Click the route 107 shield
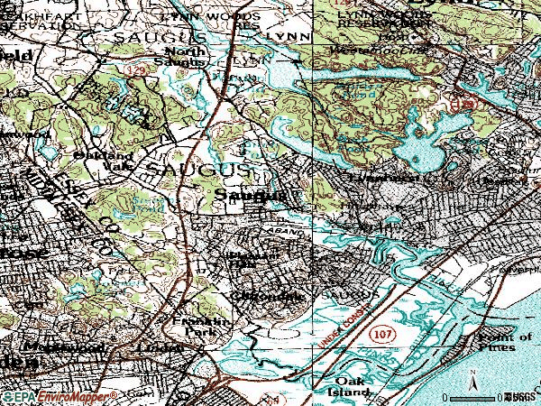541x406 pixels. (x=381, y=334)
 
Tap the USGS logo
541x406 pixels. (x=520, y=396)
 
